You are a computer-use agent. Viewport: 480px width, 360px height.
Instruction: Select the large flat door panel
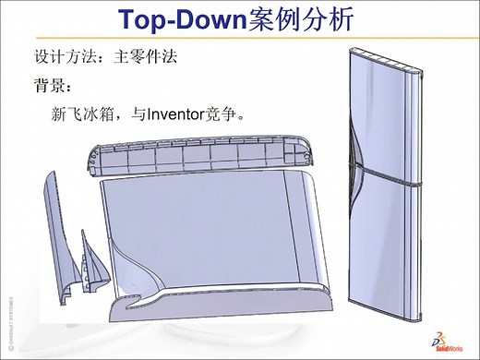pyautogui.click(x=203, y=231)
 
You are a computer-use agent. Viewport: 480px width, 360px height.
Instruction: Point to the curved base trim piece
pyautogui.click(x=222, y=305)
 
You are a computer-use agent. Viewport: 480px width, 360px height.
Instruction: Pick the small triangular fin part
pyautogui.click(x=90, y=263)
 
